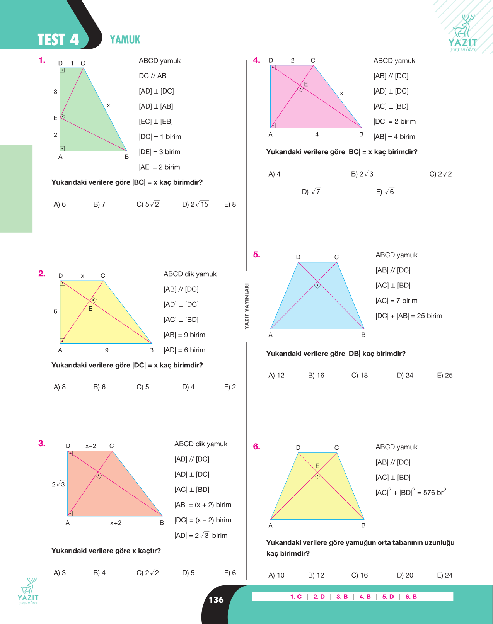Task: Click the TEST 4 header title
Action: pos(58,40)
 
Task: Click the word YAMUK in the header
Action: pos(125,39)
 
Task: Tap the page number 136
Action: pos(216,600)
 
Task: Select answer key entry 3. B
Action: pos(342,597)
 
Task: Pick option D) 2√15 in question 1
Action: pos(195,204)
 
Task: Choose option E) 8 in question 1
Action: pos(230,204)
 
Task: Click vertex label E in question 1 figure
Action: pos(55,118)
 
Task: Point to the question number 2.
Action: pos(42,274)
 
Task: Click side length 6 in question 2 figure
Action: pos(55,311)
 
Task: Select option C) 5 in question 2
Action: pos(143,387)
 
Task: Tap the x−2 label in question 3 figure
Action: pos(90,446)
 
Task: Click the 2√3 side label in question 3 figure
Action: pos(58,484)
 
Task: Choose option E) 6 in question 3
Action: pos(230,573)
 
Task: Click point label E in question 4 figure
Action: pos(306,84)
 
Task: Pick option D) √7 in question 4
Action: pos(311,191)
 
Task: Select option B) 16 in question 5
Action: pos(316,375)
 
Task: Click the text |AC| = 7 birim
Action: pos(396,300)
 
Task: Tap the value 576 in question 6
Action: pos(429,493)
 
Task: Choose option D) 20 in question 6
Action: pos(405,575)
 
